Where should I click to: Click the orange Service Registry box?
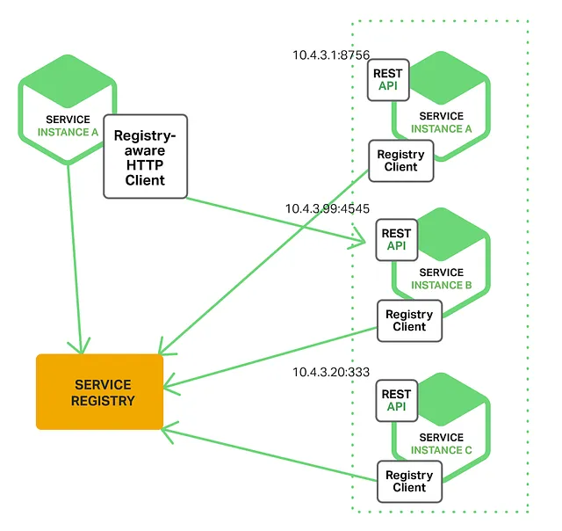[x=99, y=392]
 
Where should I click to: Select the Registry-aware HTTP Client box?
[x=146, y=156]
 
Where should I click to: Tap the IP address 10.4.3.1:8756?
[x=331, y=55]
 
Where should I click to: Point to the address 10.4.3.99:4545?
[x=327, y=209]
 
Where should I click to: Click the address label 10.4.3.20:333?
[x=331, y=372]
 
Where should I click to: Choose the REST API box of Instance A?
[x=387, y=80]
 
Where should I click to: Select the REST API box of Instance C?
[x=397, y=401]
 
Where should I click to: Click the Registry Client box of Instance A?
[x=400, y=161]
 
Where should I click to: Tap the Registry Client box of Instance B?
[x=409, y=321]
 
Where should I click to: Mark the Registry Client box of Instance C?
[x=409, y=481]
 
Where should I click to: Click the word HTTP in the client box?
[x=145, y=165]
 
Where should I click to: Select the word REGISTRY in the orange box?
[x=104, y=401]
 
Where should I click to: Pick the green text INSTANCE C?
[x=442, y=449]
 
